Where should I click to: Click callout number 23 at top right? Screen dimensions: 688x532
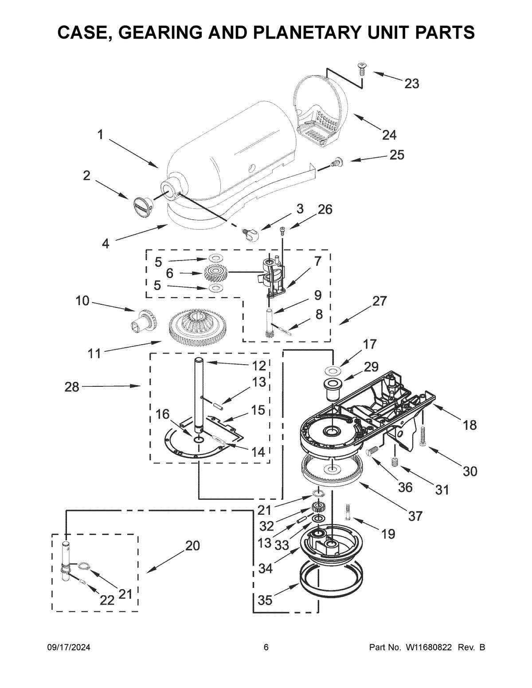(x=412, y=83)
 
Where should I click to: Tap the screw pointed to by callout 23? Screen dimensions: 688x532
(x=361, y=69)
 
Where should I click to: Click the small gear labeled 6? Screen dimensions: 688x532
(x=216, y=273)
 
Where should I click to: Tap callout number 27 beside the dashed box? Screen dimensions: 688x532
(x=379, y=301)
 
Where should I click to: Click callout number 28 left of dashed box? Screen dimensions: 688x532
(x=72, y=387)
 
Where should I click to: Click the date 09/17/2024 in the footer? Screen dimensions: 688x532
(x=69, y=647)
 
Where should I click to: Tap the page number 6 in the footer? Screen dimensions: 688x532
(x=266, y=647)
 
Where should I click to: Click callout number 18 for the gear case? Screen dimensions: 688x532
(x=470, y=425)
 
